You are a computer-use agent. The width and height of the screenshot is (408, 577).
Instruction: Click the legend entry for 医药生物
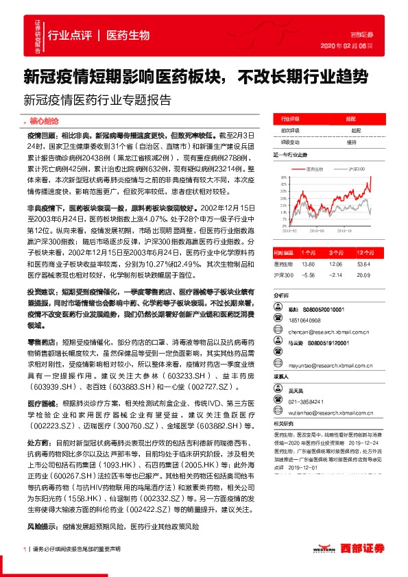point(313,168)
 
